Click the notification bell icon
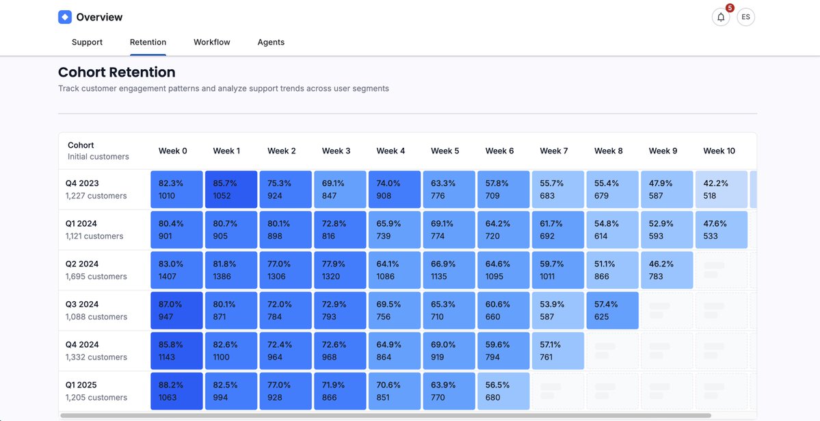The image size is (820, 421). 720,17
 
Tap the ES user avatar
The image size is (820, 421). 745,17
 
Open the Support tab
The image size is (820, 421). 87,42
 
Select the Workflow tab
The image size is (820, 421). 211,42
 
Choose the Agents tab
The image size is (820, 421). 271,42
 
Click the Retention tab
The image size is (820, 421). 148,42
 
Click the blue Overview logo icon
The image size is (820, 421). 65,17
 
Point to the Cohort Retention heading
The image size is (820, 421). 117,73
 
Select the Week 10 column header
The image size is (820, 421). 719,151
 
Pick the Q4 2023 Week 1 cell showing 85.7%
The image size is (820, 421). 231,190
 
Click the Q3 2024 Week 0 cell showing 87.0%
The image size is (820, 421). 176,311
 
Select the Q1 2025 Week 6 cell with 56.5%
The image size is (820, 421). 503,392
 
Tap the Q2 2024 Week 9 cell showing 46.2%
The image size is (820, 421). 667,270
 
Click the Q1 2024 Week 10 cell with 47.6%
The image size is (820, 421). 721,230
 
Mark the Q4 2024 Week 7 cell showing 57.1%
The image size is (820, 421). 557,351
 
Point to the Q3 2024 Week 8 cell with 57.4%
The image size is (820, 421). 612,311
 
